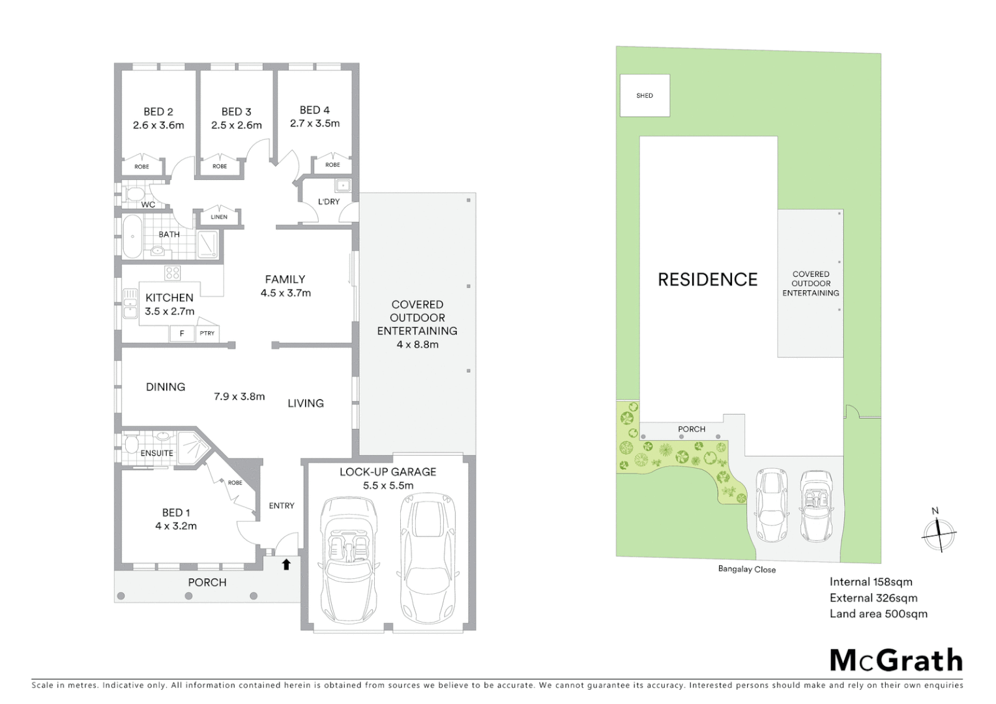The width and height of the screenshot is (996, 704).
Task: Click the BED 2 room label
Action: point(158,111)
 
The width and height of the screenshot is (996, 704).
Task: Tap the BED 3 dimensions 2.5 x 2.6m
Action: point(236,125)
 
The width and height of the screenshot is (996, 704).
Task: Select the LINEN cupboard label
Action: point(219,217)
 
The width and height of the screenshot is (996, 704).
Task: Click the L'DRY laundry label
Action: point(329,201)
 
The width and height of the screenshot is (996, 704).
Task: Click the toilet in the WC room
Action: point(135,194)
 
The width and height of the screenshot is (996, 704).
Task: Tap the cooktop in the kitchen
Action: point(172,273)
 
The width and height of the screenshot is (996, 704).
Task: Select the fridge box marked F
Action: point(182,333)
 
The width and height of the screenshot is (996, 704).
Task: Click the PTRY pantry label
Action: point(207,333)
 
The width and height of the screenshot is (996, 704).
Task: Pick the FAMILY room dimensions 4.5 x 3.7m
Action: point(286,293)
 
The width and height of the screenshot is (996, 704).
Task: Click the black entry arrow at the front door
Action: point(286,564)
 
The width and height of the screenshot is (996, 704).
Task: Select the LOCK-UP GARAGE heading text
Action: point(388,471)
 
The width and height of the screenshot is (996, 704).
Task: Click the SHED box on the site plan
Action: point(645,96)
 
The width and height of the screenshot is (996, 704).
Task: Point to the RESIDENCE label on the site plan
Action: point(707,280)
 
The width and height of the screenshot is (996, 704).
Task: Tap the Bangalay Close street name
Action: point(747,569)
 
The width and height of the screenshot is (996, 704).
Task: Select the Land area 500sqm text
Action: point(878,613)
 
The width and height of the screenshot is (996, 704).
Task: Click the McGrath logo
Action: point(896,660)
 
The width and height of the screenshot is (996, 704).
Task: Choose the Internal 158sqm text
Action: point(871,582)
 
